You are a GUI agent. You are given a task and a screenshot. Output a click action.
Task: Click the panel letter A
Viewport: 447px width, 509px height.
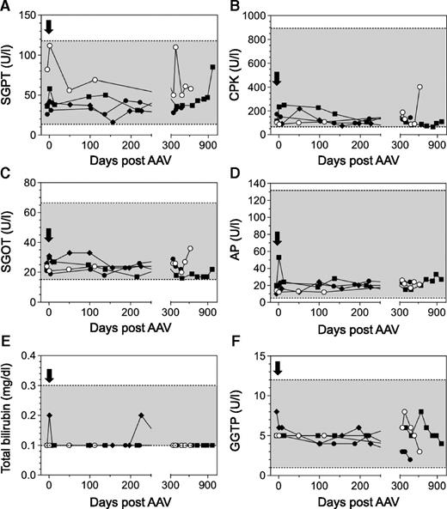(7, 8)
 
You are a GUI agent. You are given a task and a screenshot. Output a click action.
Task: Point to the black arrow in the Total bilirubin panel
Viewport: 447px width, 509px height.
(49, 374)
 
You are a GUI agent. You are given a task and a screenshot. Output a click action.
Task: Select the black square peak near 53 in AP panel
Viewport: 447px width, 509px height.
(280, 257)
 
